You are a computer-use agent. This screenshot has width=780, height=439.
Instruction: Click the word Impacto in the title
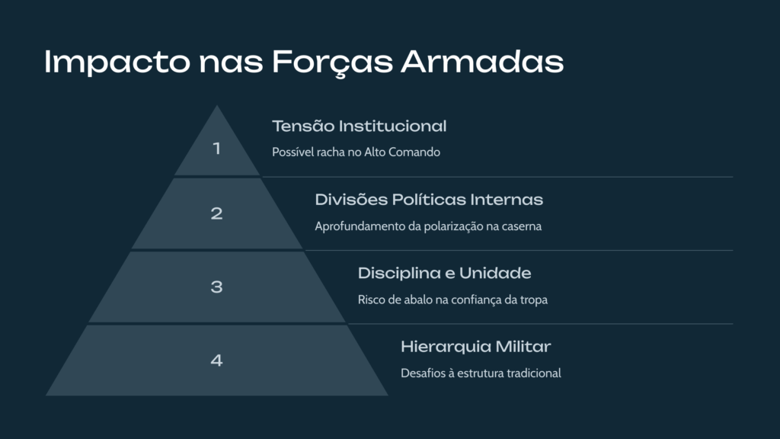point(117,62)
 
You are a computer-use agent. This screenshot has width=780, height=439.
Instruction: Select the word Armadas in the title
point(482,62)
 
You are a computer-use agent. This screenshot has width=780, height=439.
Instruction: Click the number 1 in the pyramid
point(216,149)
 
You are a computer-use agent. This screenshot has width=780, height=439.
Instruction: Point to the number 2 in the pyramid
point(216,213)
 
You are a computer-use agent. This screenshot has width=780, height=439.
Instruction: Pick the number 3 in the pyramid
point(216,287)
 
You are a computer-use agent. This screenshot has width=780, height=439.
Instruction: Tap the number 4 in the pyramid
point(216,360)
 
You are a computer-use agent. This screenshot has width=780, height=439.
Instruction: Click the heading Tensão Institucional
point(360,126)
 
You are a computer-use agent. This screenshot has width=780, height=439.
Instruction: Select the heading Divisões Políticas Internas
point(429,200)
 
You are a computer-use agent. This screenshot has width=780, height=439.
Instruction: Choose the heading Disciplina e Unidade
point(444,274)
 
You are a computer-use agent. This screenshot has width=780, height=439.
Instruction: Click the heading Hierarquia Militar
point(475,347)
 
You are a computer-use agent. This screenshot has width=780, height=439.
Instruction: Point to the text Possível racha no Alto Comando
point(356,152)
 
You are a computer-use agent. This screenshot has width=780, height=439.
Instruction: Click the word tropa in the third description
point(534,300)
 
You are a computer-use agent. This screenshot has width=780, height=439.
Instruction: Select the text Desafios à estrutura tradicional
point(481,373)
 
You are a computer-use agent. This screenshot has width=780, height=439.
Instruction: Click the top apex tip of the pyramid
point(217,105)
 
